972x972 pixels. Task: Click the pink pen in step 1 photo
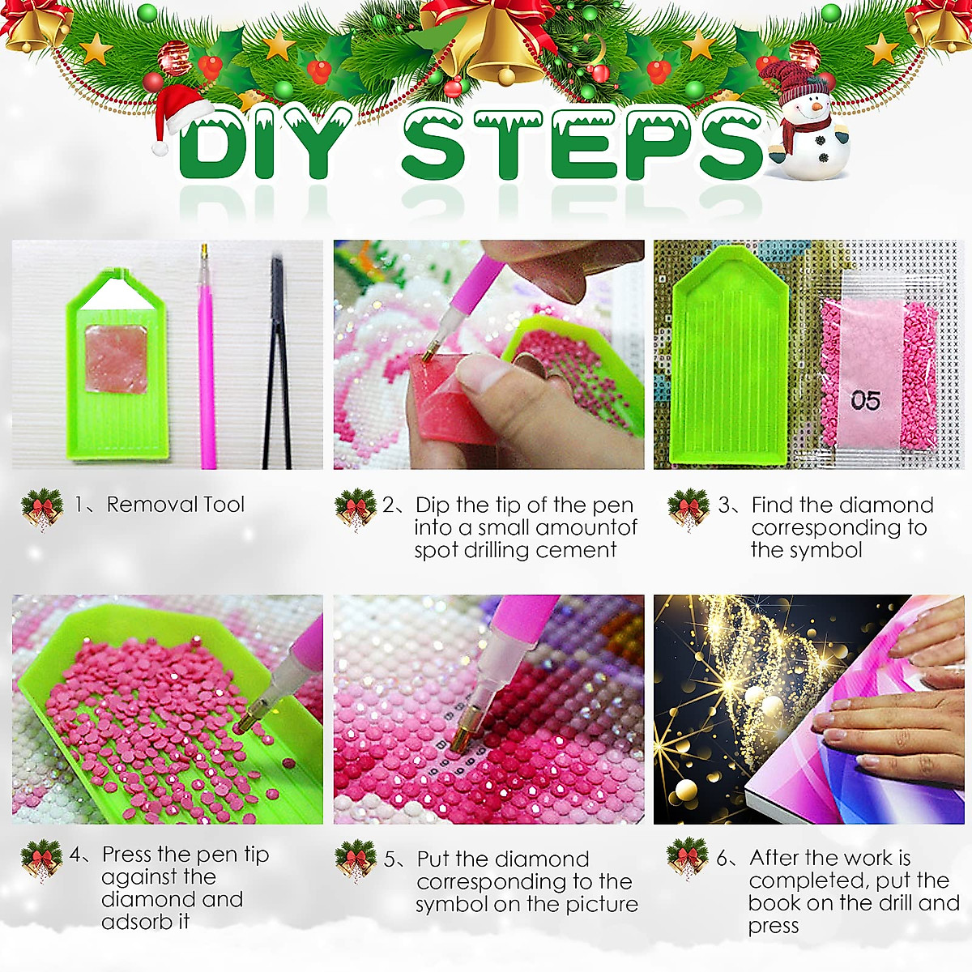[x=207, y=356]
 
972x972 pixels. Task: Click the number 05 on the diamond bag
[x=864, y=400]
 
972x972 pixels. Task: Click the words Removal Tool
[x=175, y=505]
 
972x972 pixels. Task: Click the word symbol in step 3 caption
[x=827, y=550]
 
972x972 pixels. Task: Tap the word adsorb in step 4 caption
[x=137, y=922]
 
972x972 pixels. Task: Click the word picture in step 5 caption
[x=602, y=904]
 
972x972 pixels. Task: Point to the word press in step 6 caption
[x=773, y=926]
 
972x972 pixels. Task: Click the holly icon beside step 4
[x=41, y=860]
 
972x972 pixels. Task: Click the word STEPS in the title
[x=582, y=146]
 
